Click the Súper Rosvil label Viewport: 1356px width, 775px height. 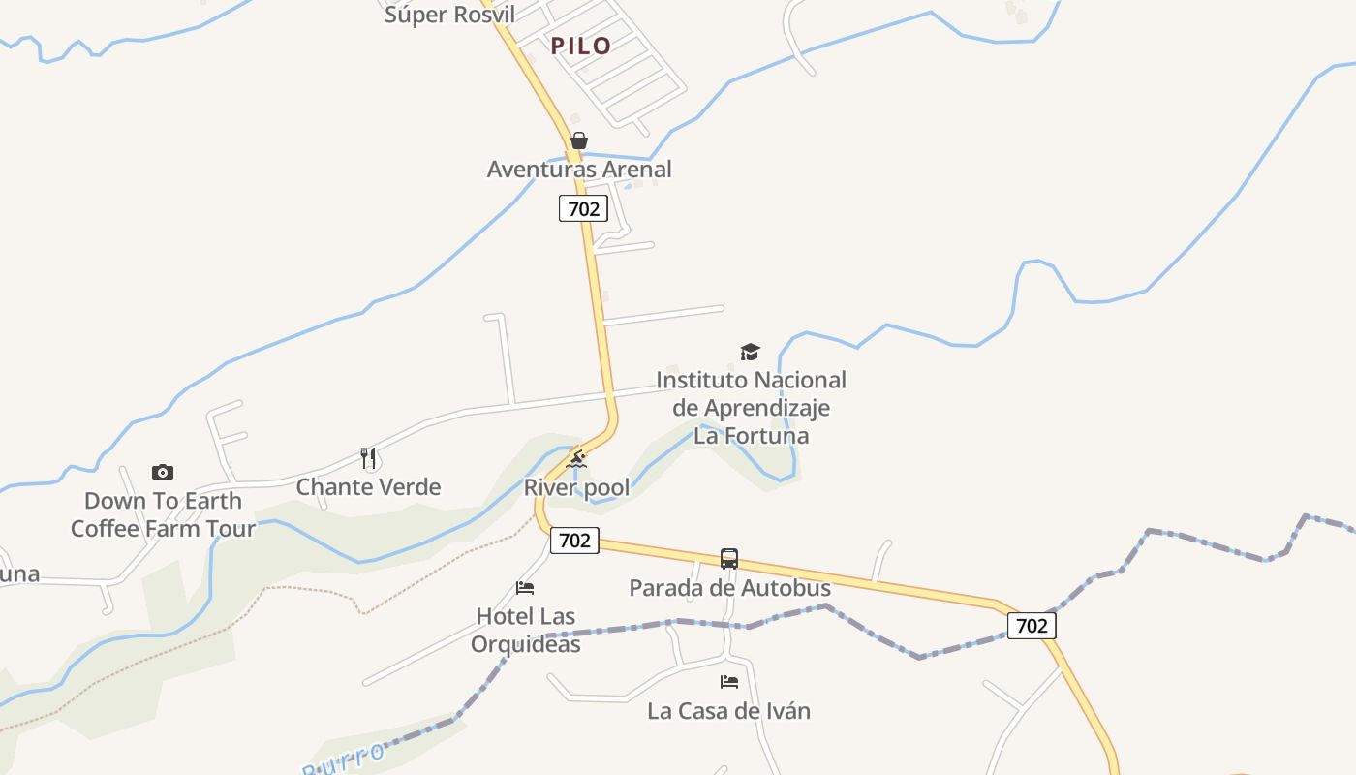click(x=449, y=14)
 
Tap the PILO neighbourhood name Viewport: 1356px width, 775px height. click(x=581, y=46)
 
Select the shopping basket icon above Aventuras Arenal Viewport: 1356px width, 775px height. click(x=579, y=140)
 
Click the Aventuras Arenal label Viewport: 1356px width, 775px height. click(x=579, y=170)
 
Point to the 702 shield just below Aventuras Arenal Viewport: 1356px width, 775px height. click(x=583, y=208)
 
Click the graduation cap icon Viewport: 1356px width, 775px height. click(x=751, y=352)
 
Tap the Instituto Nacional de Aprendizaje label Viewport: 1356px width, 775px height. click(x=752, y=408)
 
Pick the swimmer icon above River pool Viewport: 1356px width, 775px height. click(x=576, y=459)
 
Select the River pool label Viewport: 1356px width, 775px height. click(x=577, y=487)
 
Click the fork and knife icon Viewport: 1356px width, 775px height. click(x=368, y=458)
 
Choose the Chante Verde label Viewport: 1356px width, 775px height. click(x=368, y=487)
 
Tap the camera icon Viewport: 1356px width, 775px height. click(x=163, y=473)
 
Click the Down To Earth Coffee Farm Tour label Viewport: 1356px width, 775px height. click(x=163, y=514)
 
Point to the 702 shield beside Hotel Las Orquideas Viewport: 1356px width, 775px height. click(x=574, y=541)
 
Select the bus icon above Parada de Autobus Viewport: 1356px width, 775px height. click(x=729, y=559)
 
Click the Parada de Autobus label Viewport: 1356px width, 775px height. click(x=730, y=588)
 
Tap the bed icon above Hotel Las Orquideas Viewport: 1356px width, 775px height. click(x=525, y=588)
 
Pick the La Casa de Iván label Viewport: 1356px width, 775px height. click(x=728, y=711)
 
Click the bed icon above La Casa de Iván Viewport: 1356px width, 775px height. click(x=729, y=682)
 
